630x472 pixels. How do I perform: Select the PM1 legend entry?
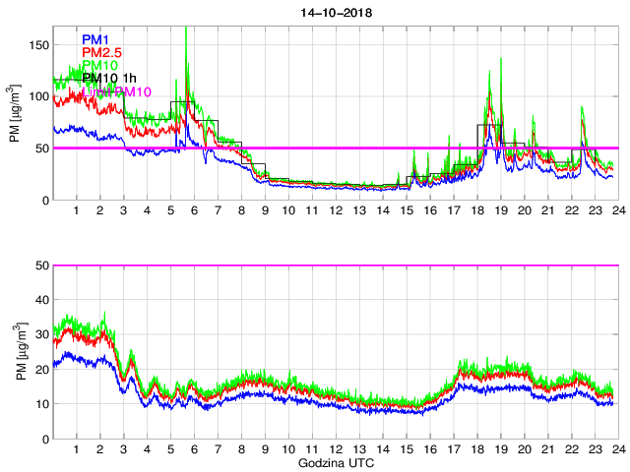(x=95, y=39)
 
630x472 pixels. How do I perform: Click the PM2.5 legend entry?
(x=103, y=52)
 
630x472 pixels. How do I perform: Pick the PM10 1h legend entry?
(x=109, y=78)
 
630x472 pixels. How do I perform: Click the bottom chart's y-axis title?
(x=17, y=351)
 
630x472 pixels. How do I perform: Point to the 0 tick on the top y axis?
(x=45, y=200)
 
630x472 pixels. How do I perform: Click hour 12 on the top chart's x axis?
(x=335, y=211)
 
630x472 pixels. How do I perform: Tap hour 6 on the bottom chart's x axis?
(x=194, y=449)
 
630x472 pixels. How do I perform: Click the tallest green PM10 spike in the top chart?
(x=186, y=29)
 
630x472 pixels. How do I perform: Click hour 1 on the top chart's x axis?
(x=77, y=211)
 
